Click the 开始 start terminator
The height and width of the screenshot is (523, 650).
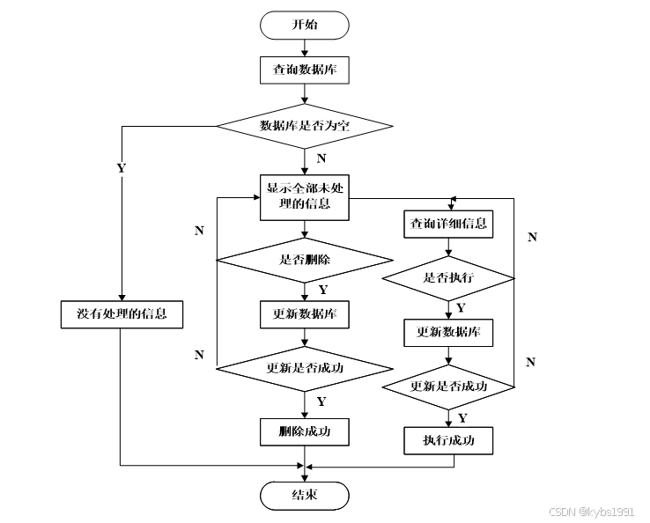pos(304,24)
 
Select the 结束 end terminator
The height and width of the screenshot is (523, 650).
pos(304,496)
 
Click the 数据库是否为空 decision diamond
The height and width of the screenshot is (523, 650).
pos(304,126)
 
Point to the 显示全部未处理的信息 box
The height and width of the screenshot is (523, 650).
pos(304,196)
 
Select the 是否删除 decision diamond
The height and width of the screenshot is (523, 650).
pos(304,260)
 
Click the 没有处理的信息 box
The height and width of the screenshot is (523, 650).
pos(122,314)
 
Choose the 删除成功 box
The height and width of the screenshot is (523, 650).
pos(304,432)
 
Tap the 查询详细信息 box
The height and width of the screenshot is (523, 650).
pos(447,224)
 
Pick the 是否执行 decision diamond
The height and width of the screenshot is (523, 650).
pos(447,278)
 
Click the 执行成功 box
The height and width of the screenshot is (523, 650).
pos(447,440)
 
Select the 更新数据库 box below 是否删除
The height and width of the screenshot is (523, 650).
pos(304,313)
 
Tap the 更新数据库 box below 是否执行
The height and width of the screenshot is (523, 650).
pos(447,333)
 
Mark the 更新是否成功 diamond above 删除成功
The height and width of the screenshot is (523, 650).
pos(304,368)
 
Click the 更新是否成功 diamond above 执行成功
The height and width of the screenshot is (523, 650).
pos(447,387)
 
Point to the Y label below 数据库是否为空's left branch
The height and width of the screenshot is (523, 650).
pos(120,167)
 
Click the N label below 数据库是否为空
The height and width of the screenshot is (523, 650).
pos(321,159)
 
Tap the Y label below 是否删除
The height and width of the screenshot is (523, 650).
pos(322,290)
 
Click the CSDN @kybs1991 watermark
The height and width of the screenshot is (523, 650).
pos(591,512)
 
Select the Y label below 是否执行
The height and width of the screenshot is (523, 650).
pos(462,307)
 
